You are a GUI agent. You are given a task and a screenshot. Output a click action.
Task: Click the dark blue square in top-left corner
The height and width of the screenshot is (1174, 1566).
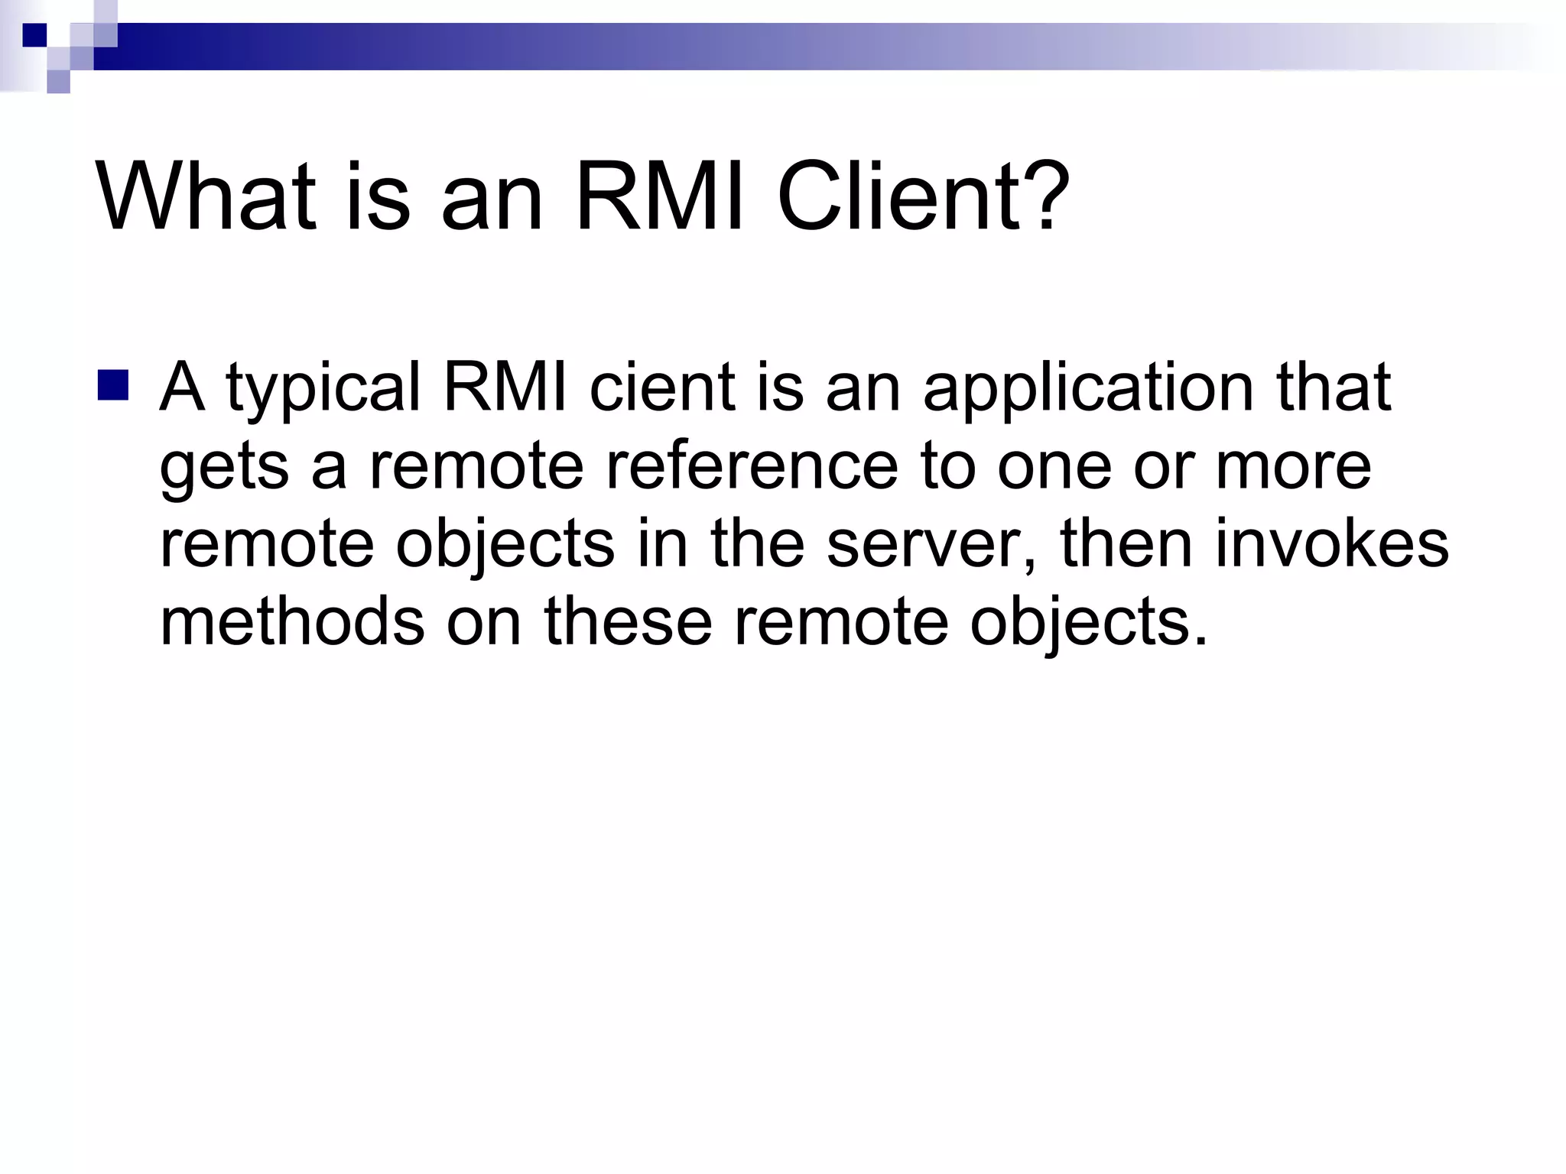click(x=34, y=35)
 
